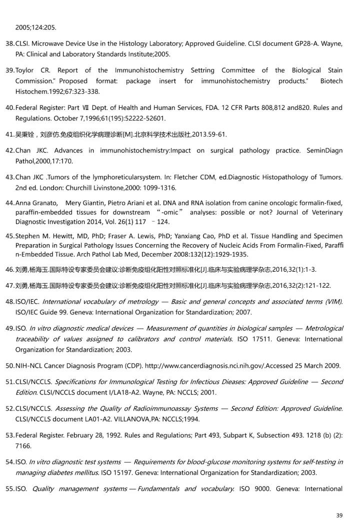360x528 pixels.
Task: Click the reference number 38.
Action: tap(9, 43)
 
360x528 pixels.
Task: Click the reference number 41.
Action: tap(9, 134)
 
